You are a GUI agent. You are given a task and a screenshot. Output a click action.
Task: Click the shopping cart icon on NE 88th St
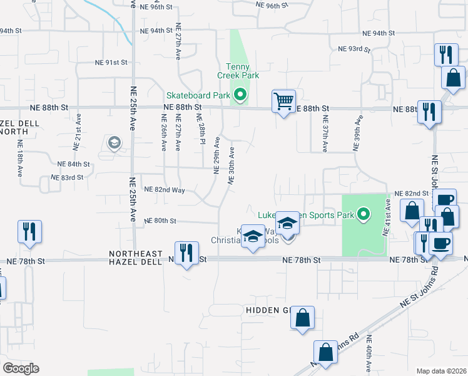283,100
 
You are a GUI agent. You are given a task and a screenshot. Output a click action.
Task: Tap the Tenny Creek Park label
238,71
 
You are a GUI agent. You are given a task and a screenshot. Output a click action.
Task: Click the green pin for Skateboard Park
240,96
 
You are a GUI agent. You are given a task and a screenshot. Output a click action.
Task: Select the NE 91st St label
111,63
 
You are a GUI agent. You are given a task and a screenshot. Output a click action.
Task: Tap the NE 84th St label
74,164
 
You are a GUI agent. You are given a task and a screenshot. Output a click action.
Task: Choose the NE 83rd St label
68,177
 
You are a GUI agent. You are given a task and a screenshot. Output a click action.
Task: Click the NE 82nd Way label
165,189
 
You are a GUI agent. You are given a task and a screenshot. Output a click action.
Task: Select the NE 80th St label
160,221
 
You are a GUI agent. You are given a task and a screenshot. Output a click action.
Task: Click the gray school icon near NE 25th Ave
114,144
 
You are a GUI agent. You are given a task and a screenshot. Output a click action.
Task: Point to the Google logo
21,368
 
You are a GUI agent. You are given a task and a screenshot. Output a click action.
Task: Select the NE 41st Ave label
388,217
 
